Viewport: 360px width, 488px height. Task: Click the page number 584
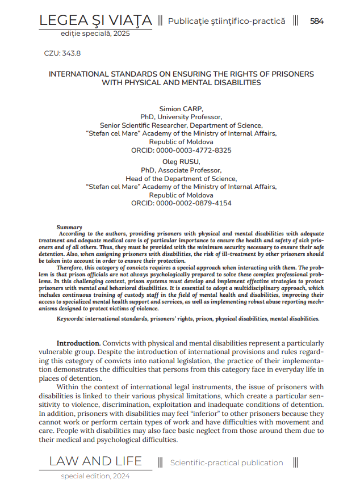point(317,21)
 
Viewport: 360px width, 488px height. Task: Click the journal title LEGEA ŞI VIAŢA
point(95,21)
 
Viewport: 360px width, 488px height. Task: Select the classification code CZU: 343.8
point(62,53)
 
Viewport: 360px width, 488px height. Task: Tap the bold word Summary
point(69,227)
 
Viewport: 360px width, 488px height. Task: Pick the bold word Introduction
point(78,343)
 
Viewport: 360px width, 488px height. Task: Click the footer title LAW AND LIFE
point(95,461)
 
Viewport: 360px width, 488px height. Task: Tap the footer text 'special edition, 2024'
point(95,476)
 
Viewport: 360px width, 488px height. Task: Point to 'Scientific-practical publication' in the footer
point(227,462)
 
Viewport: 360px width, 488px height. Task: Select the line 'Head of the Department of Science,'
point(181,178)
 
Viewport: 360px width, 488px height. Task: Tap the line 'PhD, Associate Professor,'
point(181,170)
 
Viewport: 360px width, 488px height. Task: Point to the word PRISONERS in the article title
point(288,74)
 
